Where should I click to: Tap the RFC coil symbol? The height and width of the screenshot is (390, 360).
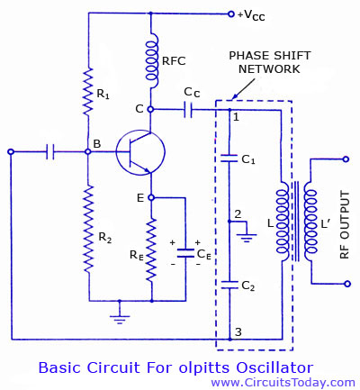coord(151,63)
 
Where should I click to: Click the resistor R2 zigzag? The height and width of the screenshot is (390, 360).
coord(87,238)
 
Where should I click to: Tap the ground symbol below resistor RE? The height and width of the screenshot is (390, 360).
coord(117,315)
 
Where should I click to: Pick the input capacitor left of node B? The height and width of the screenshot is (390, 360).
coord(52,152)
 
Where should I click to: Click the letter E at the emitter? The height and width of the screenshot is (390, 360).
coord(139,197)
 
